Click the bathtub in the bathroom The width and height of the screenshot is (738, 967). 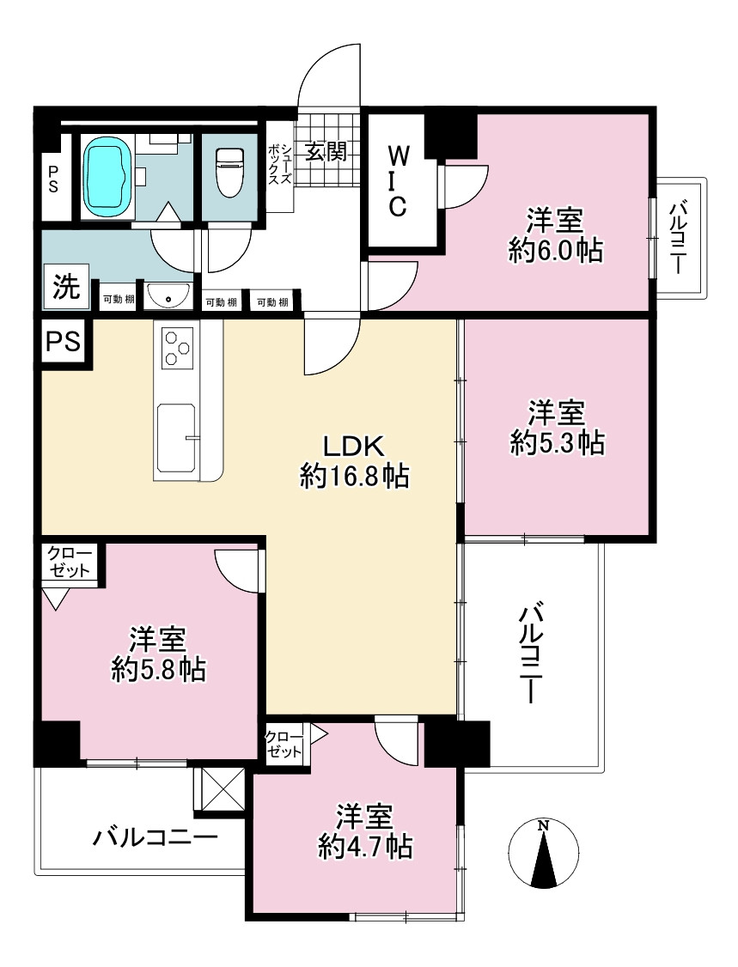click(x=107, y=173)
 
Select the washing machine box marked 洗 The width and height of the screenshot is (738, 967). click(x=66, y=286)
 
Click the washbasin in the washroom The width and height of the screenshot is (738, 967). click(x=169, y=297)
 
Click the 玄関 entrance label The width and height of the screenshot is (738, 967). click(x=326, y=150)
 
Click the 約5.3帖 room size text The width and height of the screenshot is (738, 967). click(x=557, y=442)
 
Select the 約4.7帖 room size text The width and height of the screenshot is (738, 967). click(x=365, y=847)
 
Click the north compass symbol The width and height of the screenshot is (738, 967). click(x=544, y=854)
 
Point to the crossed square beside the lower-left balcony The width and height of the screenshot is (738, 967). click(x=220, y=788)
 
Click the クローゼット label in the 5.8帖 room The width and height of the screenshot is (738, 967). click(x=69, y=562)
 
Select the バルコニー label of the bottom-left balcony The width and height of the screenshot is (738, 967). click(x=156, y=837)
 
